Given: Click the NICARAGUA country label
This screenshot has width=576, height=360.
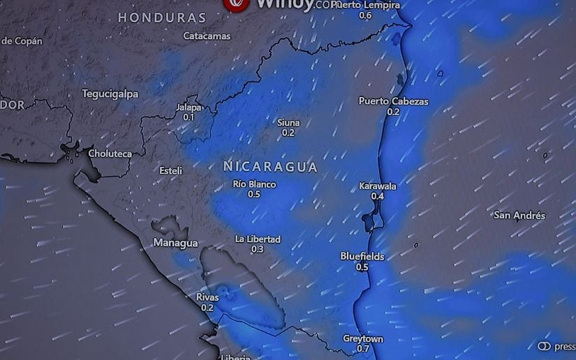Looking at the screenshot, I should point(270,167).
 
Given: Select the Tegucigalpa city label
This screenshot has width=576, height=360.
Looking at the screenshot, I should point(110,93).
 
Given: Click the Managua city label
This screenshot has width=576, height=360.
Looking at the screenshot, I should point(175,243).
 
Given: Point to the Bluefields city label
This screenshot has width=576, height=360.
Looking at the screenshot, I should point(362,257).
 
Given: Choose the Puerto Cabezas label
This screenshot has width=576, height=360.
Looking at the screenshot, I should point(393,101).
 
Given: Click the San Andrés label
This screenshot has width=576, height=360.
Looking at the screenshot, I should point(519,216).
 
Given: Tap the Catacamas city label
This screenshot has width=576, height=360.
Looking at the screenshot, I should point(207,36).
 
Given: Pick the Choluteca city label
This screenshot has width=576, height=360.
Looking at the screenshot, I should point(110,153).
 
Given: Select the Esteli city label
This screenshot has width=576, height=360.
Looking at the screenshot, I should point(171,171).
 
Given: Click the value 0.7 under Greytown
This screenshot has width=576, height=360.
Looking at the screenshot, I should point(363,349).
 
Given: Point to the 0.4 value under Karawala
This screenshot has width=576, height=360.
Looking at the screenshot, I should point(378,197).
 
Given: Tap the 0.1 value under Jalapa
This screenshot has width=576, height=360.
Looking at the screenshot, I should point(189,118).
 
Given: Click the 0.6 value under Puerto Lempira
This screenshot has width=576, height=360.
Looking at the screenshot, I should point(365,15).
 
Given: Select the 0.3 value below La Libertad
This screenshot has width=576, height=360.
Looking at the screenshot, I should point(257,249).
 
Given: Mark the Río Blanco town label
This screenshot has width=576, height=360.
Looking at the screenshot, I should point(254,185).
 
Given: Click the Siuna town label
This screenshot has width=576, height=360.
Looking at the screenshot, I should point(288,123).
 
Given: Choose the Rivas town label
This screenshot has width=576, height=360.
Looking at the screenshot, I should point(207,298).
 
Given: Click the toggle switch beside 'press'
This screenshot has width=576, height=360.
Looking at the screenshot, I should point(545,347).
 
